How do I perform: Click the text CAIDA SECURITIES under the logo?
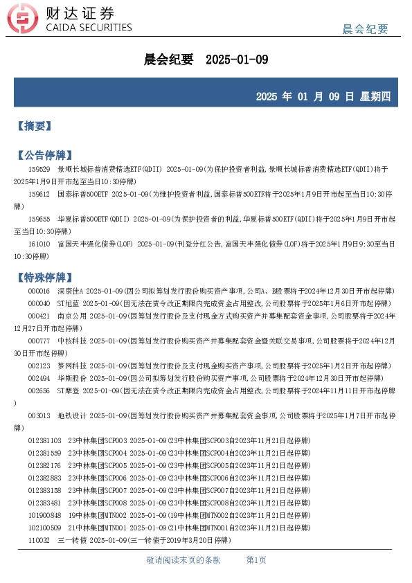click(88, 28)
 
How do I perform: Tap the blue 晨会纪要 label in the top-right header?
click(365, 29)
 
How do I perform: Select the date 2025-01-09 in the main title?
click(237, 60)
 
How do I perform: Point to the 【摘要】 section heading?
click(34, 126)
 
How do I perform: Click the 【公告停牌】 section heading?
click(44, 154)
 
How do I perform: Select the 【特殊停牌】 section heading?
click(44, 278)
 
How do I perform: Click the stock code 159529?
click(39, 169)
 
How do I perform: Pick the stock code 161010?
click(39, 244)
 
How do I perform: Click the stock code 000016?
click(39, 291)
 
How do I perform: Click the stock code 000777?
click(39, 341)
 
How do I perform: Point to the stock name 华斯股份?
click(71, 378)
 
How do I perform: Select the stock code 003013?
click(39, 415)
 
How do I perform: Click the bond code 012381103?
click(44, 440)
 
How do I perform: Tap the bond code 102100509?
click(44, 528)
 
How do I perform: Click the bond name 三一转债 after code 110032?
click(71, 540)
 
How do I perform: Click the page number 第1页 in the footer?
click(256, 559)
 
